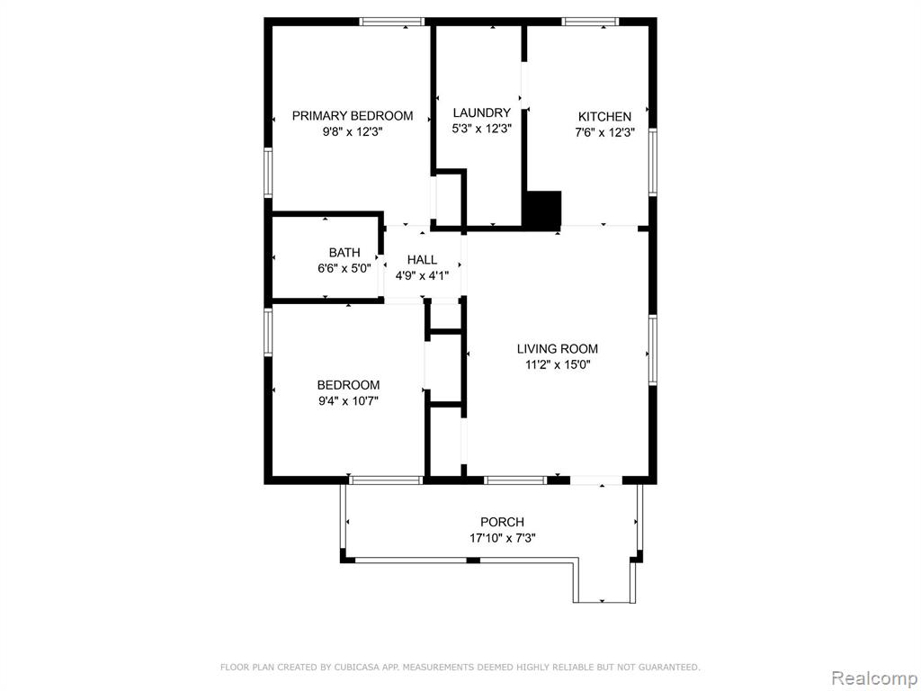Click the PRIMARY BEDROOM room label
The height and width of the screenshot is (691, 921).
(353, 116)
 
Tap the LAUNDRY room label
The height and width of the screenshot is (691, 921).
(482, 112)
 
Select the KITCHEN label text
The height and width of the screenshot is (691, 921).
(604, 116)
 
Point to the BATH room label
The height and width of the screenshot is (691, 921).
(344, 253)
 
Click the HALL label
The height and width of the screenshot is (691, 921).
(422, 260)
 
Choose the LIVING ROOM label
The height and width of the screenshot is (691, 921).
(558, 348)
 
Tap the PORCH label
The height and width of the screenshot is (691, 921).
(502, 522)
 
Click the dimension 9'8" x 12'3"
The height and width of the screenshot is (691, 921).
(353, 132)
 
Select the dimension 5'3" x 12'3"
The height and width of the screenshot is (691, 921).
(482, 129)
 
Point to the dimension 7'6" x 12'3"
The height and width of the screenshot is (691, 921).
(604, 133)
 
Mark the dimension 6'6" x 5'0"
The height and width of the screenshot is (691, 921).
(344, 269)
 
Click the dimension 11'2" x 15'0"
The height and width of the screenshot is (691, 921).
(558, 365)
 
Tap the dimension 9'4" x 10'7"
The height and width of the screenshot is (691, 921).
(348, 401)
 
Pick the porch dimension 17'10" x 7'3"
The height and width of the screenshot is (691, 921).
(502, 538)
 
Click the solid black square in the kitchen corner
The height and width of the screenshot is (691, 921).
(542, 209)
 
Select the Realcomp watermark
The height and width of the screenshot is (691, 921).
(874, 678)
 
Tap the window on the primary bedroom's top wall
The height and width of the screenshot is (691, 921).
(392, 22)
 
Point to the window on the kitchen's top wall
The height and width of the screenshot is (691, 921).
(590, 22)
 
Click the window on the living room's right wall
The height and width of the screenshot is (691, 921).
(653, 350)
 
